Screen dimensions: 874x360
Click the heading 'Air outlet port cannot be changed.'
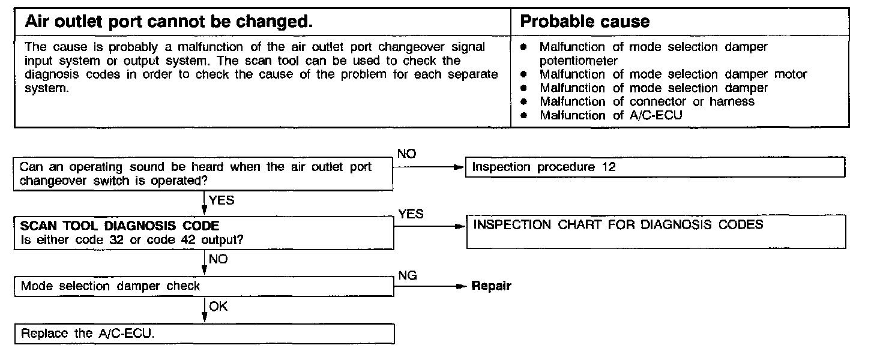(169, 22)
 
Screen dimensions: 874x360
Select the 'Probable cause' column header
(585, 22)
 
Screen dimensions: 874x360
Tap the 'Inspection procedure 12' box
(655, 167)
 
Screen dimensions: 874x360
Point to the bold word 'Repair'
(491, 286)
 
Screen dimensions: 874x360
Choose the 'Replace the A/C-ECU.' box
(204, 334)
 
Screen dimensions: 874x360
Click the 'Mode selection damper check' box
(204, 286)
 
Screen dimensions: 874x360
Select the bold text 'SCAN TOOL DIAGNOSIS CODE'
(120, 226)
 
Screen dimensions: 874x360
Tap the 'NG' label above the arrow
(408, 275)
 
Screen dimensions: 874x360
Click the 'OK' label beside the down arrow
(218, 307)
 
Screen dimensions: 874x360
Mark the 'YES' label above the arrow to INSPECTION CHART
(411, 214)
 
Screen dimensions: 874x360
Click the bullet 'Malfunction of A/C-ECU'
(611, 115)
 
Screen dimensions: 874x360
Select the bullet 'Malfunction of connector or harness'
(647, 101)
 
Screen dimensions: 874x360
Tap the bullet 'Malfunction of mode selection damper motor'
(674, 74)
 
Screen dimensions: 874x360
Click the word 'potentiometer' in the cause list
(579, 61)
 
